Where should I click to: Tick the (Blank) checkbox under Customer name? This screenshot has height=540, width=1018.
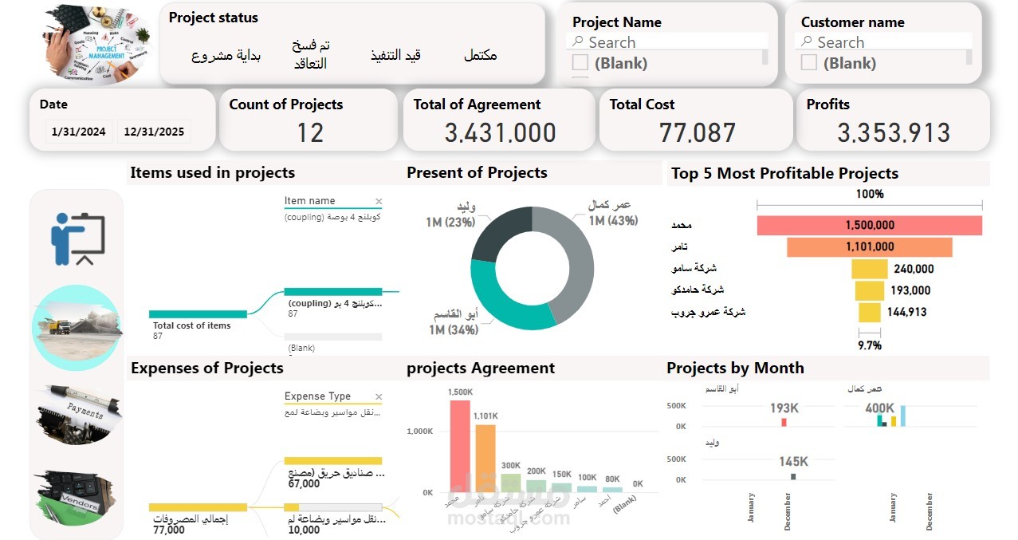809,63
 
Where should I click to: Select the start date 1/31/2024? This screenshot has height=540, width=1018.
78,132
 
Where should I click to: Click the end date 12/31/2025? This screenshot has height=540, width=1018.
154,132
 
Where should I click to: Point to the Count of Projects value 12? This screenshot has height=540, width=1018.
310,132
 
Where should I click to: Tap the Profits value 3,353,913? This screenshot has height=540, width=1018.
893,132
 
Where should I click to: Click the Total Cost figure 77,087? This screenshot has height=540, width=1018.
697,132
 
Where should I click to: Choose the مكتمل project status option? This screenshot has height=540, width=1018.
480,55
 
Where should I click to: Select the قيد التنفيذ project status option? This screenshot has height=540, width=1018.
395,55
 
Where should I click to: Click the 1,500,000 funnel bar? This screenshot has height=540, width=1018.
869,226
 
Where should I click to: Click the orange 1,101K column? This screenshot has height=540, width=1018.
485,458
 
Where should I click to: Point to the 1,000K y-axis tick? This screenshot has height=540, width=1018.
419,432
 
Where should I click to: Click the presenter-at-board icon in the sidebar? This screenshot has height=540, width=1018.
77,238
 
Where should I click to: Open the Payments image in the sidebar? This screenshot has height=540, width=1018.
77,413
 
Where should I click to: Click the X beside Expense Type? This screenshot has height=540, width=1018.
379,396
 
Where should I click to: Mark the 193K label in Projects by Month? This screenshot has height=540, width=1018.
784,408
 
